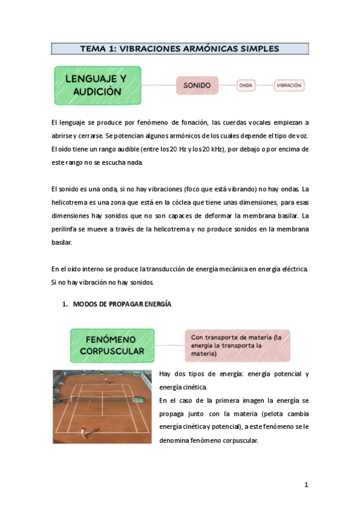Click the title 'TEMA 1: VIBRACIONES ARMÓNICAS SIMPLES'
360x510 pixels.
click(180, 49)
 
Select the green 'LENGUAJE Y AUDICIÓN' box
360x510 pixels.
click(97, 85)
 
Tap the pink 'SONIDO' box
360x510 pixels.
click(197, 85)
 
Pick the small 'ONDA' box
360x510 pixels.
click(245, 85)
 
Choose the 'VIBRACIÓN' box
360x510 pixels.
click(289, 85)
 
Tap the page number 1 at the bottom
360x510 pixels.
click(306, 485)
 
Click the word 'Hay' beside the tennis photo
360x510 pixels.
click(165, 374)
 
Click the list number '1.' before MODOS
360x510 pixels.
click(66, 304)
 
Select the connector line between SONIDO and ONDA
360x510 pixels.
click(227, 85)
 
